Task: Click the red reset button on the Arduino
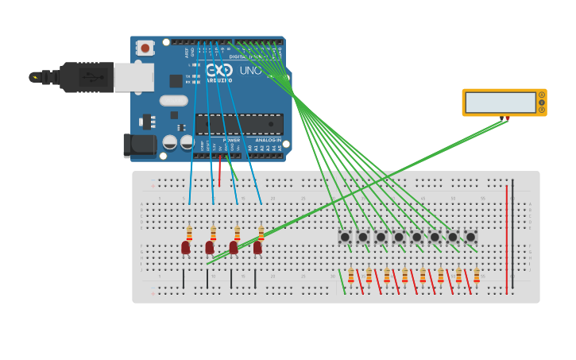pyautogui.click(x=145, y=48)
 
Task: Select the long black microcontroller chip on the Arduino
pyautogui.click(x=239, y=124)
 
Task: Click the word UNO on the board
pyautogui.click(x=251, y=71)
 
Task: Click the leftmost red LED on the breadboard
pyautogui.click(x=186, y=247)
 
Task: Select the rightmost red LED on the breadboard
pyautogui.click(x=257, y=247)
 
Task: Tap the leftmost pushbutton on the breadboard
pyautogui.click(x=345, y=237)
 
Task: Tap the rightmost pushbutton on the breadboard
pyautogui.click(x=470, y=237)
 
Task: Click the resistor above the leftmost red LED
pyautogui.click(x=189, y=233)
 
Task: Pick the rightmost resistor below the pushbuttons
pyautogui.click(x=477, y=275)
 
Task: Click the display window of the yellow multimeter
pyautogui.click(x=501, y=103)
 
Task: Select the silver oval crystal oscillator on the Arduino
pyautogui.click(x=173, y=101)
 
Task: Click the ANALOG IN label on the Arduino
pyautogui.click(x=268, y=140)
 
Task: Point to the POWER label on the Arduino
pyautogui.click(x=231, y=140)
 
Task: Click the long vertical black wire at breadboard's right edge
pyautogui.click(x=512, y=230)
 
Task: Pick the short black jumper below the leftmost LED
pyautogui.click(x=184, y=278)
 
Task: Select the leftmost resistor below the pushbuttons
pyautogui.click(x=351, y=275)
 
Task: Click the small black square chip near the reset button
pyautogui.click(x=176, y=81)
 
